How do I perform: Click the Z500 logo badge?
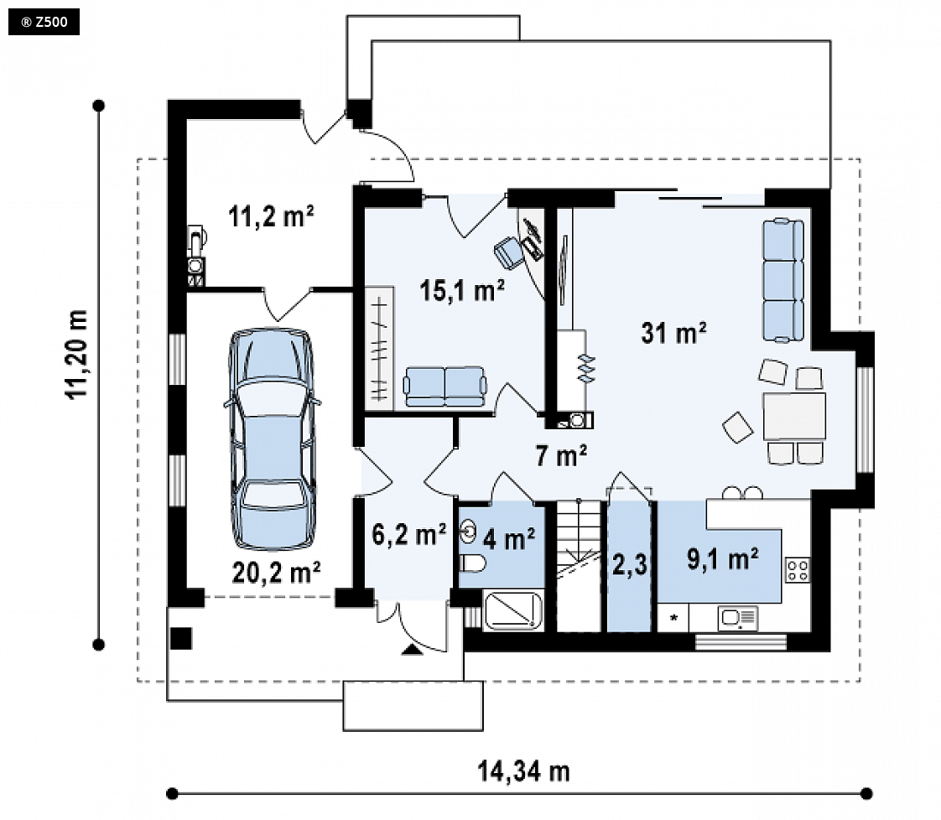(44, 23)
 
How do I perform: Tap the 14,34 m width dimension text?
(523, 771)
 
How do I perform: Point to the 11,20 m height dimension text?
(77, 354)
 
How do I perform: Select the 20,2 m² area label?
(276, 573)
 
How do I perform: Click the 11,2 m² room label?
(271, 216)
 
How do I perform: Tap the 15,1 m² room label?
(462, 290)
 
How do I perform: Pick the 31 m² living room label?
(674, 332)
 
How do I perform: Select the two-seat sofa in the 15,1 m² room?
(445, 387)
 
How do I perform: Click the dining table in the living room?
(794, 416)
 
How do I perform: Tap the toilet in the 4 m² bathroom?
(472, 563)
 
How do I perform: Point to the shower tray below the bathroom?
(513, 610)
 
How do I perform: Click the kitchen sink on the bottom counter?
(738, 618)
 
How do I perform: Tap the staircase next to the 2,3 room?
(580, 565)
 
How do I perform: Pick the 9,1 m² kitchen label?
(723, 559)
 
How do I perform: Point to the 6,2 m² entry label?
(409, 534)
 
